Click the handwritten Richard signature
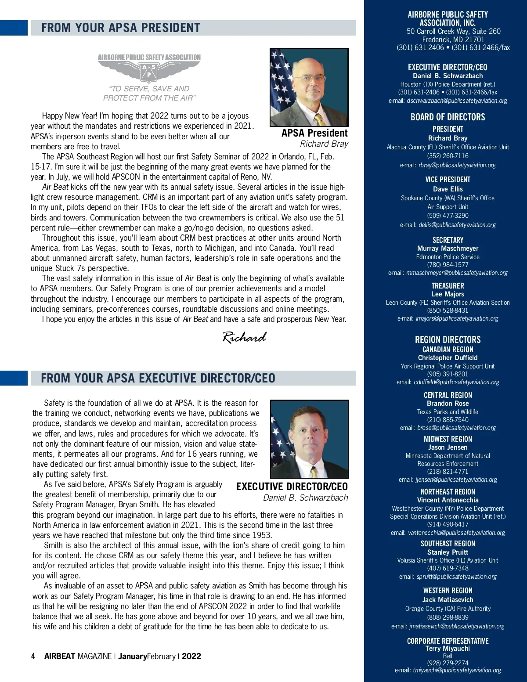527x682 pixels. pyautogui.click(x=244, y=337)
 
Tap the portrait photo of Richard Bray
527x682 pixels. pyautogui.click(x=309, y=87)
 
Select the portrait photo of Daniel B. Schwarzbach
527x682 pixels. pyautogui.click(x=309, y=439)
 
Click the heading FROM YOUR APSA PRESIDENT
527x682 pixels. pyautogui.click(x=121, y=28)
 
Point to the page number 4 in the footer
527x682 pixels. pyautogui.click(x=33, y=656)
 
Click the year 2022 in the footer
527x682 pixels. pyautogui.click(x=191, y=656)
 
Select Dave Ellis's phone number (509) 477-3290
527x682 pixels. pyautogui.click(x=448, y=216)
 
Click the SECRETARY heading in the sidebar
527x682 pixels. pyautogui.click(x=448, y=240)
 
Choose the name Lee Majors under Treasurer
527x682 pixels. pyautogui.click(x=448, y=294)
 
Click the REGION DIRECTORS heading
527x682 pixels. pyautogui.click(x=448, y=339)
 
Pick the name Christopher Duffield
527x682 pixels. pyautogui.click(x=448, y=358)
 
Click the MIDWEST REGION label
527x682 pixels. pyautogui.click(x=448, y=439)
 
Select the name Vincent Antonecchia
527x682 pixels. pyautogui.click(x=448, y=500)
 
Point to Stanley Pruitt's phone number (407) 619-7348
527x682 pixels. pyautogui.click(x=448, y=568)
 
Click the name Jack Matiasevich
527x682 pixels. pyautogui.click(x=448, y=600)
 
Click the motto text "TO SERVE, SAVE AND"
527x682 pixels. pyautogui.click(x=149, y=89)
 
